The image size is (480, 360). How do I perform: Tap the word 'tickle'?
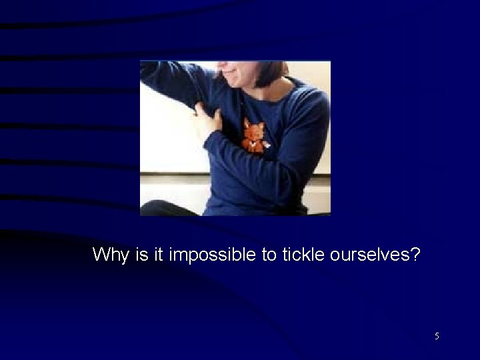point(301,254)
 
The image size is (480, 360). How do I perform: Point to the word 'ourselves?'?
point(374,254)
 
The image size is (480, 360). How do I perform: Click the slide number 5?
point(437,336)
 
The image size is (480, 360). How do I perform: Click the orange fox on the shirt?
point(253,135)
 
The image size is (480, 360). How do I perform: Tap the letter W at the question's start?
point(100,254)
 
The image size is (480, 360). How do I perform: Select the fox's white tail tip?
point(266,144)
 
